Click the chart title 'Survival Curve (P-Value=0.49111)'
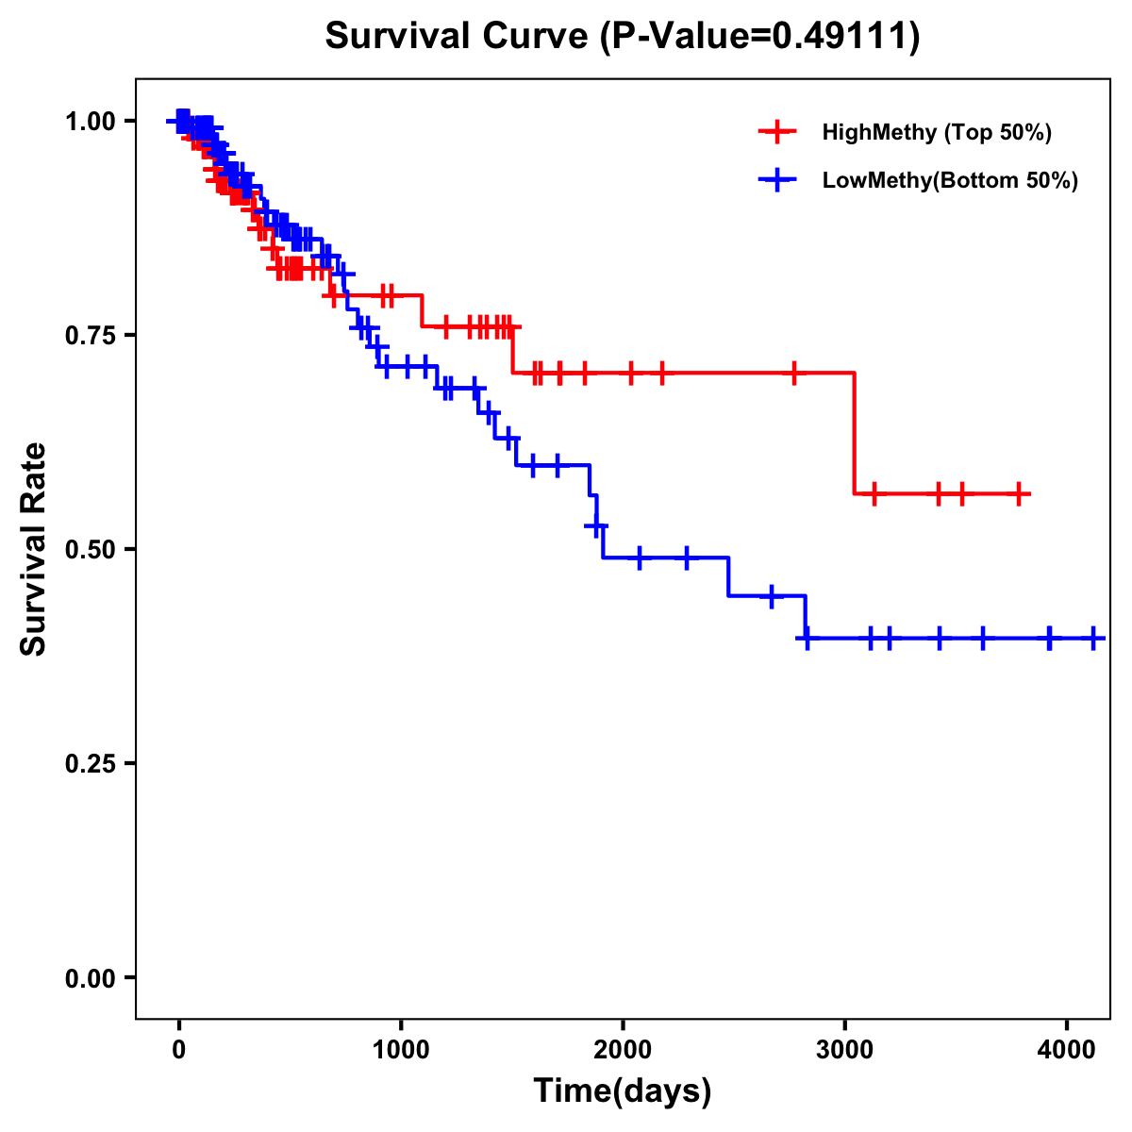pyautogui.click(x=622, y=36)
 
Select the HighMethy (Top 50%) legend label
pyautogui.click(x=937, y=132)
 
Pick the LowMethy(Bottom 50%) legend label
pyautogui.click(x=950, y=180)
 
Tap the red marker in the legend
pyautogui.click(x=777, y=132)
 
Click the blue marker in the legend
pyautogui.click(x=777, y=180)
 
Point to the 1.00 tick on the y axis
pyautogui.click(x=90, y=122)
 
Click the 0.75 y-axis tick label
pyautogui.click(x=90, y=336)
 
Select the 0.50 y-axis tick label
pyautogui.click(x=90, y=550)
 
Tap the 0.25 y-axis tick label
pyautogui.click(x=90, y=764)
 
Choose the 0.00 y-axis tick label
pyautogui.click(x=90, y=978)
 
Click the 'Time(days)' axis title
pyautogui.click(x=623, y=1091)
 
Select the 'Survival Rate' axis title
pyautogui.click(x=34, y=549)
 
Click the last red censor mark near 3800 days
pyautogui.click(x=1019, y=493)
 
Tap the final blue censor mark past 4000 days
pyautogui.click(x=1093, y=639)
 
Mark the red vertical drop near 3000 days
pyautogui.click(x=855, y=434)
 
